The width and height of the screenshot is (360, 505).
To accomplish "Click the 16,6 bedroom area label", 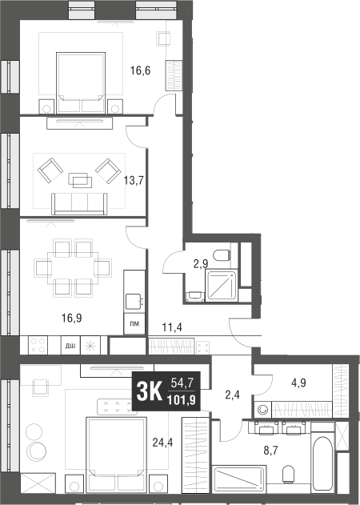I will click(141, 70).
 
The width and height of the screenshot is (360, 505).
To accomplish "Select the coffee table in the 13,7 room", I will click(80, 178).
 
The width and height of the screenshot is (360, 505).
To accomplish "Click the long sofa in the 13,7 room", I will click(80, 204).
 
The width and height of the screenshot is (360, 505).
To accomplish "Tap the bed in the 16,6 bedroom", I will click(81, 78).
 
